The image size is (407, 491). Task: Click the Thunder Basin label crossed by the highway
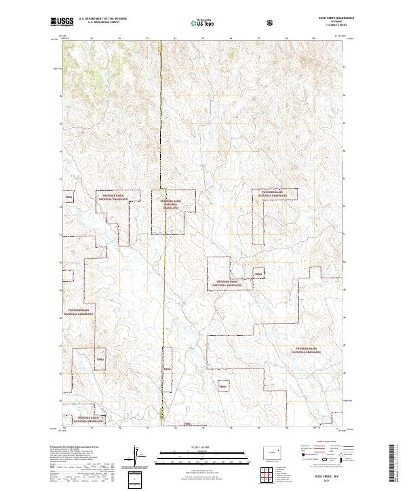pyautogui.click(x=170, y=205)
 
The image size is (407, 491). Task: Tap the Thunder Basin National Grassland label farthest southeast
pyautogui.click(x=308, y=351)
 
